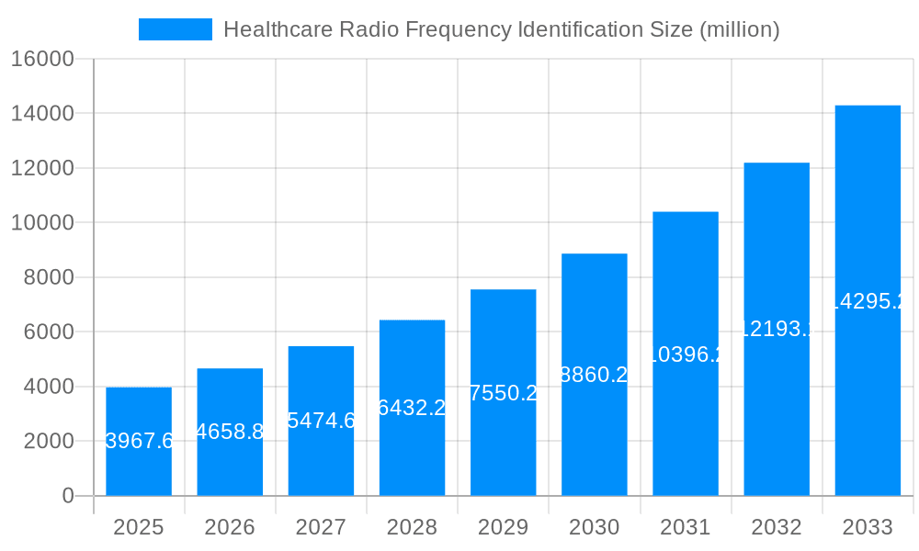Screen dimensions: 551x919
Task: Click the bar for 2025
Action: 139,442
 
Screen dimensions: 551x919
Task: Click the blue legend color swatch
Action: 175,29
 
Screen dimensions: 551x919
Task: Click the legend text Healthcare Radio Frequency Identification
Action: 501,29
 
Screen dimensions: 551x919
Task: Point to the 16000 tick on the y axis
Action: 41,59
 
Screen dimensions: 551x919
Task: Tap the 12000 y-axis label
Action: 41,168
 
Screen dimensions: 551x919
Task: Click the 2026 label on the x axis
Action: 230,527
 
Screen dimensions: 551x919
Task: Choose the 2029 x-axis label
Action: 504,527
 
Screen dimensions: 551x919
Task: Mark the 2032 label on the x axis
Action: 777,527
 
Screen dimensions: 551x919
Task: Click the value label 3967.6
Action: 139,441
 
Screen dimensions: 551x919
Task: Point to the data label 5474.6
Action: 321,421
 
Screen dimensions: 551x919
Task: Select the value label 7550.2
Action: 504,393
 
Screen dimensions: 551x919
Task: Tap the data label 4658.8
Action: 230,432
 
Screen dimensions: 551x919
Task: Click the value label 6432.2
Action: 412,408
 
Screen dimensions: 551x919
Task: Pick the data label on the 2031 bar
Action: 686,354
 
